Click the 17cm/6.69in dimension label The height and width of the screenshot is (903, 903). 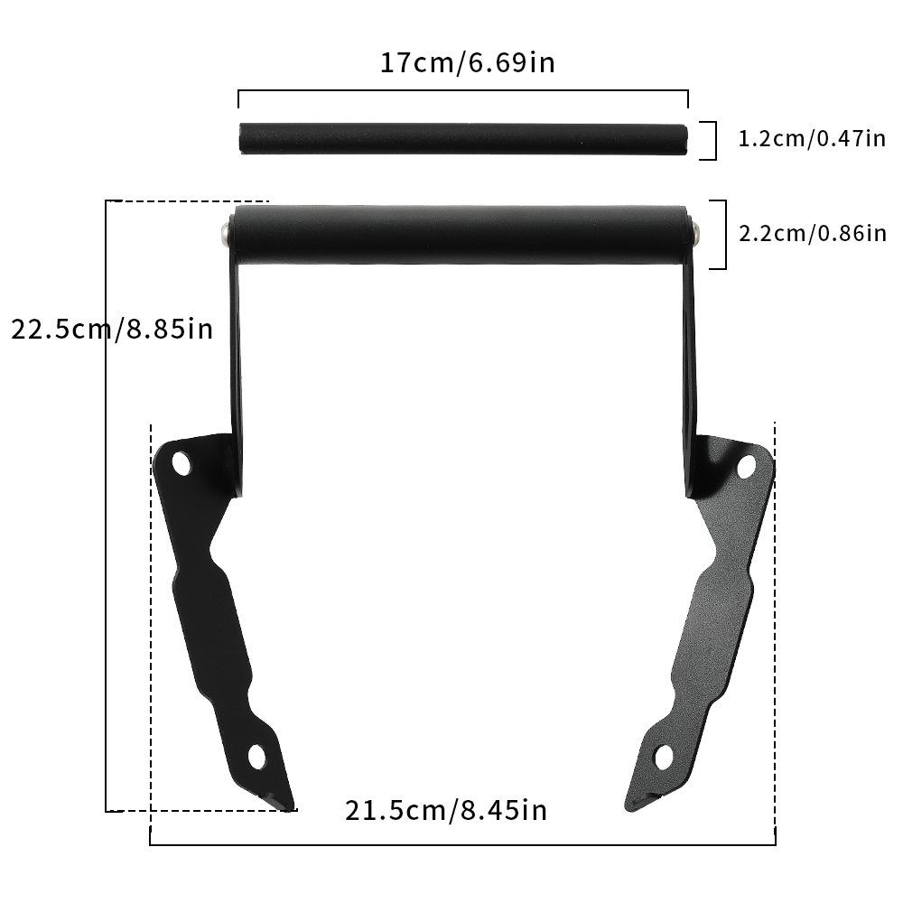click(467, 63)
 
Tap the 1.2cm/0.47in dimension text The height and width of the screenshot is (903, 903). click(812, 139)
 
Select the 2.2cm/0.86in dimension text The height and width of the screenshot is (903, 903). click(812, 233)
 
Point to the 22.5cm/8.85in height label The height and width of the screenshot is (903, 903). click(112, 328)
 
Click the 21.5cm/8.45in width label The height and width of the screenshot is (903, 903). click(446, 809)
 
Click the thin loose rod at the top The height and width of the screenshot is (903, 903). click(463, 141)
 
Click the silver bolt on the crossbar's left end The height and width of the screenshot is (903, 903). click(223, 234)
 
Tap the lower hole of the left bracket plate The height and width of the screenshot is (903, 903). click(256, 757)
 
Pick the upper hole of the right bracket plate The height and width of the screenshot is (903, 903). click(746, 466)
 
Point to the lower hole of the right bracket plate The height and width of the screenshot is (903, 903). click(664, 757)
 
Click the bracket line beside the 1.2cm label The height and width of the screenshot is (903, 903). click(714, 141)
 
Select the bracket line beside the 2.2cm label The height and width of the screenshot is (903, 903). click(724, 235)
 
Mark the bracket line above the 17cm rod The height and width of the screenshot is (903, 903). click(463, 91)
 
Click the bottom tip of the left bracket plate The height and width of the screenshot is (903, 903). click(284, 803)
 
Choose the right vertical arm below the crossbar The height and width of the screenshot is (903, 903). click(690, 379)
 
